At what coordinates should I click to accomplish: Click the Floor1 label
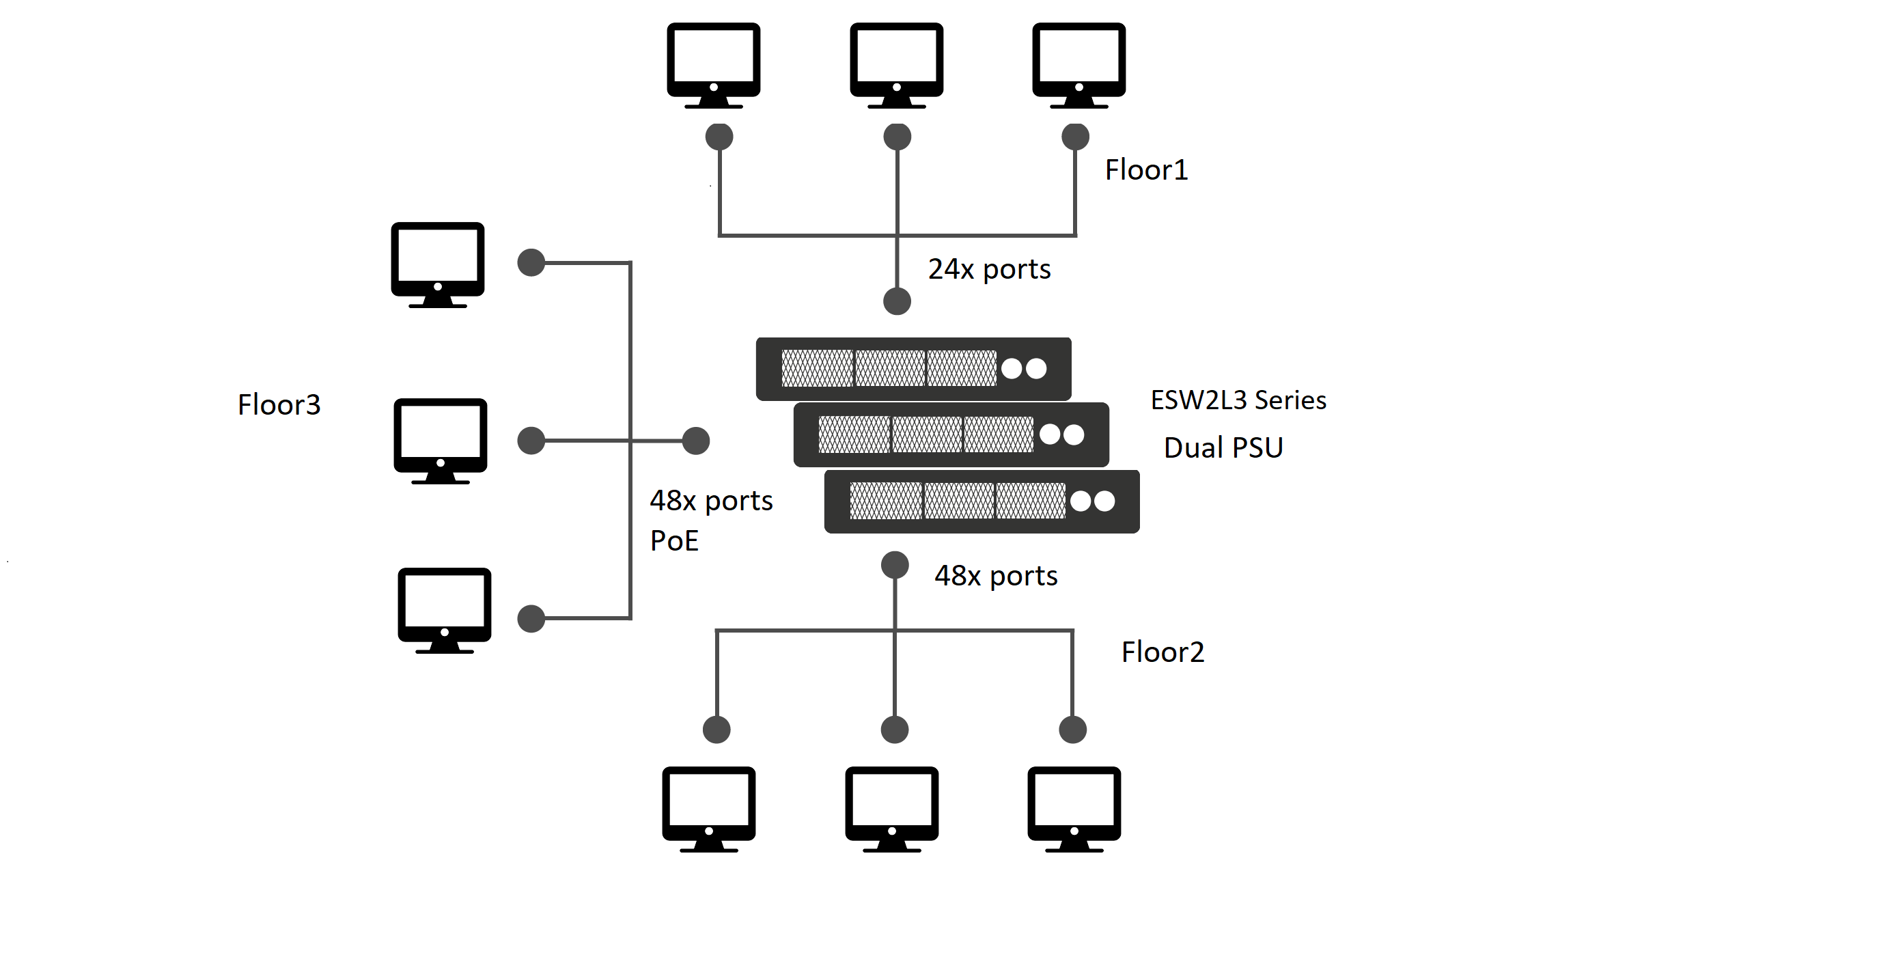tap(1146, 170)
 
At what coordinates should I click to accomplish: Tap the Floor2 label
tap(1163, 652)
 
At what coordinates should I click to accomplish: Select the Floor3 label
tap(279, 405)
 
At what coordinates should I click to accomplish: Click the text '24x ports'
tap(989, 269)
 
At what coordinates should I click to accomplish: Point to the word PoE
tap(674, 540)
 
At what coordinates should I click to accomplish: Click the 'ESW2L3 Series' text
tap(1238, 400)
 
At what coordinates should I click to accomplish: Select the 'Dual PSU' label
tap(1223, 447)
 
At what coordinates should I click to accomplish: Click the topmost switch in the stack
tap(913, 369)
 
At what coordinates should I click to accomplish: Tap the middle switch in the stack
tap(951, 435)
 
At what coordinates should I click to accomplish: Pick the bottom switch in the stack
tap(982, 501)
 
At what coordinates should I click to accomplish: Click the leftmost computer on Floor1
tap(713, 66)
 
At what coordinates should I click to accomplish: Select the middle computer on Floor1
tap(896, 66)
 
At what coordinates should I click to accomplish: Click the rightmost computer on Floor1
tap(1078, 66)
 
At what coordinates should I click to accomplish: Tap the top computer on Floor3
tap(438, 265)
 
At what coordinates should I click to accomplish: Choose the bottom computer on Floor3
tap(444, 611)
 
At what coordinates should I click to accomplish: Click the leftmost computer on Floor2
tap(709, 809)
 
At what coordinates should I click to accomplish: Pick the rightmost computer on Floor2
tap(1074, 809)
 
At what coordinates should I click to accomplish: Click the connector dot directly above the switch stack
tap(897, 301)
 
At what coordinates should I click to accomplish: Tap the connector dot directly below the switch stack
tap(895, 566)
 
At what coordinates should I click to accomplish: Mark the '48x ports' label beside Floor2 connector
tap(996, 577)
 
